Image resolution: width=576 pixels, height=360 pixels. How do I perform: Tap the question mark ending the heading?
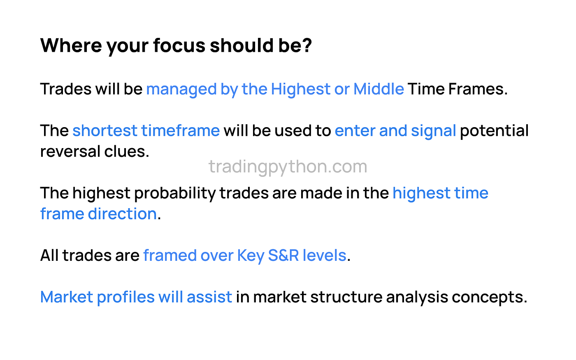click(307, 45)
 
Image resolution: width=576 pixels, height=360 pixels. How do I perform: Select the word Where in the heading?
click(71, 45)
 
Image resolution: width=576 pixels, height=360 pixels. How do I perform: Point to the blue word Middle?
click(379, 89)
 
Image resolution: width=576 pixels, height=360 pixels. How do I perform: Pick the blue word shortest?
click(105, 131)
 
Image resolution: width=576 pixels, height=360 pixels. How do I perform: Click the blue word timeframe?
click(181, 131)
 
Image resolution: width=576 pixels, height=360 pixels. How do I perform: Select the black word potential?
click(494, 131)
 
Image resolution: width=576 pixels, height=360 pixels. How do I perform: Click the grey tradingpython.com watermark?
click(288, 167)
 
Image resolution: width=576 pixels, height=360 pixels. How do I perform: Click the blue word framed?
click(170, 255)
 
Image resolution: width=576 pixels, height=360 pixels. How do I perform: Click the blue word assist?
click(209, 297)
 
